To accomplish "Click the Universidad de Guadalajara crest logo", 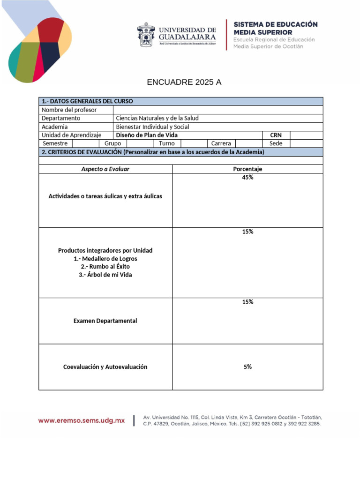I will [x=146, y=34].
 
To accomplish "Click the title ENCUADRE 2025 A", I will [x=184, y=82].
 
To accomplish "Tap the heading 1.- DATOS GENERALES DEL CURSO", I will [x=87, y=101].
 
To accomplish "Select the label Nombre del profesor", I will [x=69, y=110].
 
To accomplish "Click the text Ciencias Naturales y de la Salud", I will [x=157, y=118].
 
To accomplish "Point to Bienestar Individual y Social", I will [x=152, y=127].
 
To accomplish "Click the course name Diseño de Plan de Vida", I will [x=147, y=135].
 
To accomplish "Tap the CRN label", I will [x=276, y=135].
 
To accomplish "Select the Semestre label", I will [x=55, y=143].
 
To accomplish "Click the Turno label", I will [x=166, y=143].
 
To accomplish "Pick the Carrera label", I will [x=221, y=143].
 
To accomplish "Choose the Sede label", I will [x=276, y=143].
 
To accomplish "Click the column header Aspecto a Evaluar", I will [x=105, y=169].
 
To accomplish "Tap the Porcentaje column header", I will [x=247, y=169].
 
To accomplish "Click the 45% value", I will [x=247, y=177].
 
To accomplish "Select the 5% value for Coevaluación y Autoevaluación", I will [x=247, y=367].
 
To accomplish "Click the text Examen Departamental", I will [x=105, y=321].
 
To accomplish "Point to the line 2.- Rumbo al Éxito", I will [x=105, y=267].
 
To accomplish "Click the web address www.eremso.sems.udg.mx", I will [x=82, y=420].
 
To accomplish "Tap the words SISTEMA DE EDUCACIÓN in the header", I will [x=276, y=24].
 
